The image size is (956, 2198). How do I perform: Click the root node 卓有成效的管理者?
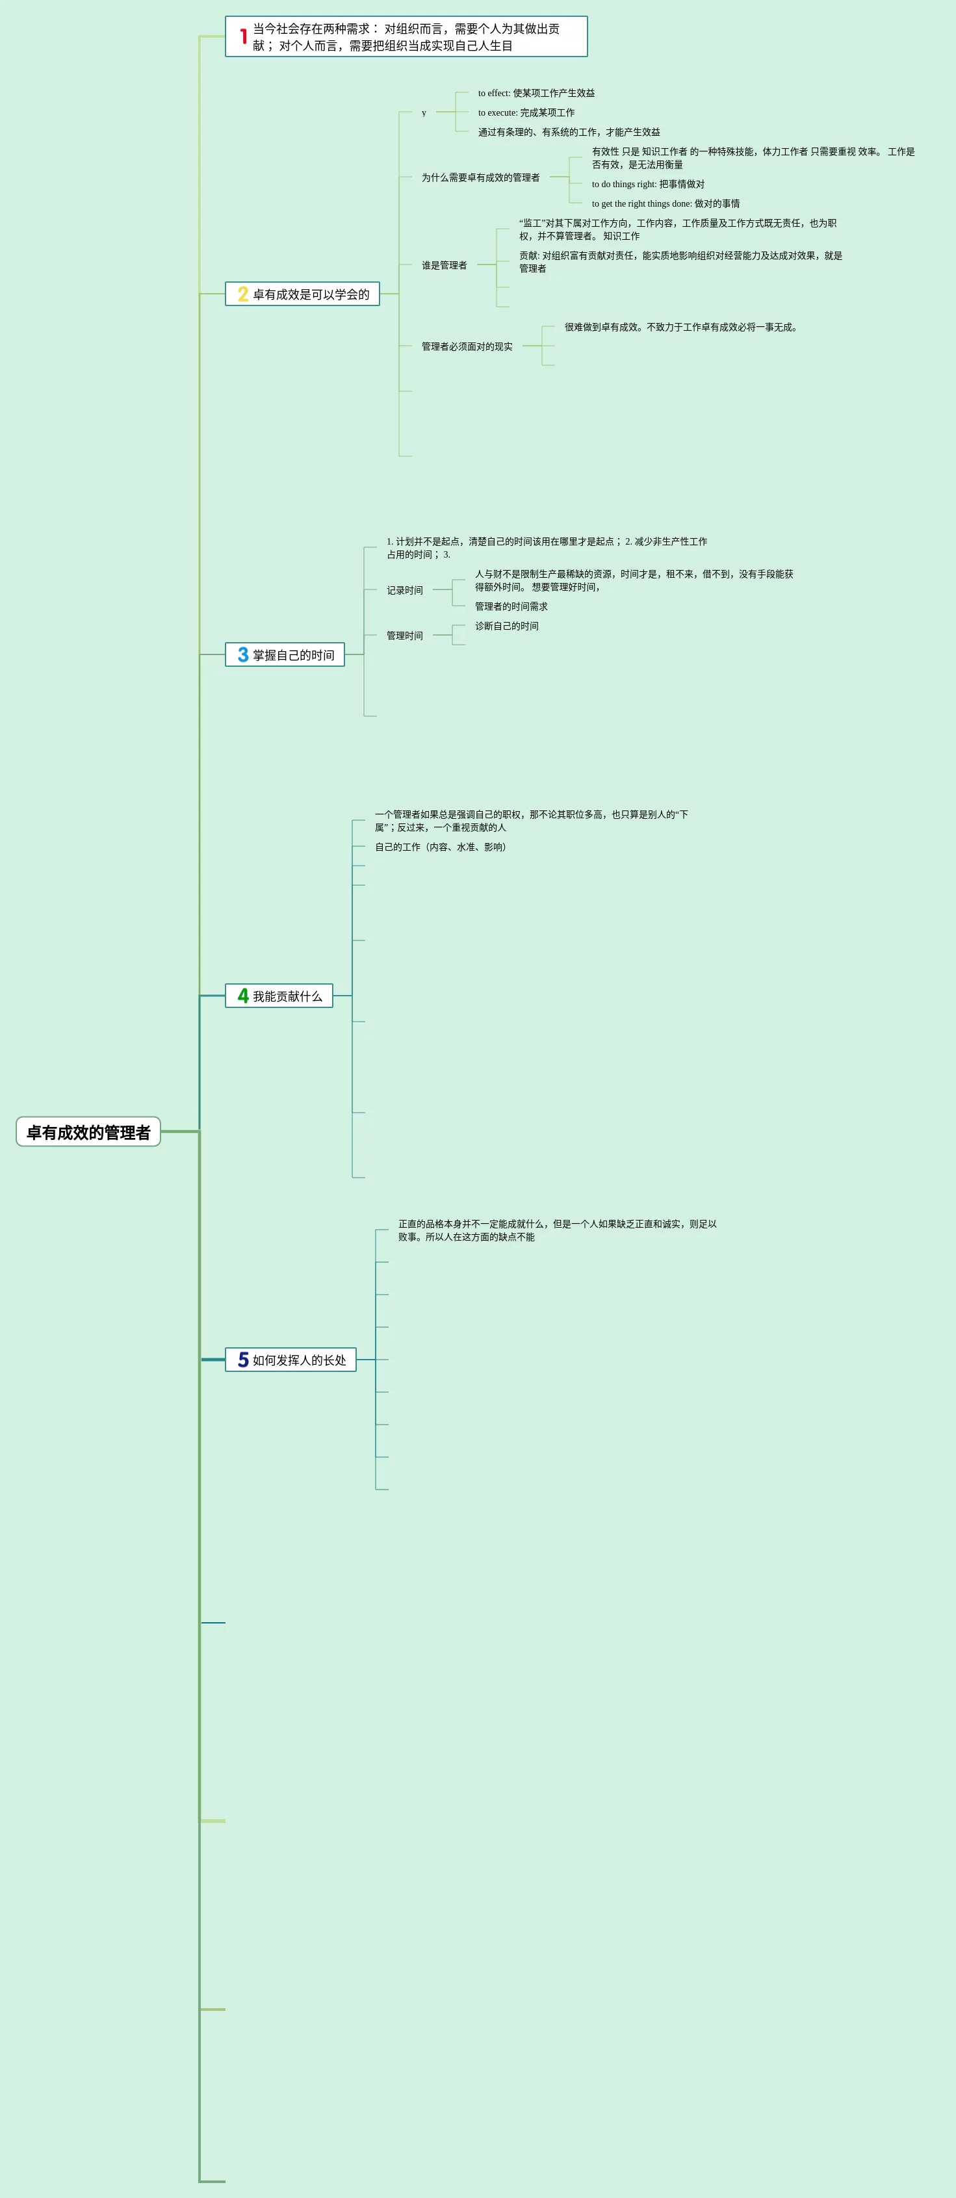click(88, 1131)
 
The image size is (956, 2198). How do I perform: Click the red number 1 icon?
click(243, 36)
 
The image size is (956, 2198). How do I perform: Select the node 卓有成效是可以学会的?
click(311, 294)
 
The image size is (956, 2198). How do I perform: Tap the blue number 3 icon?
click(243, 654)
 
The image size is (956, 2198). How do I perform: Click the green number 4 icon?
click(243, 996)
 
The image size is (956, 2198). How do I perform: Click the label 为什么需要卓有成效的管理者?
click(480, 177)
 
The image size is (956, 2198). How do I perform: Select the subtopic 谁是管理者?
click(444, 265)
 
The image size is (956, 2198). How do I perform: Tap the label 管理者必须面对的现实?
click(467, 346)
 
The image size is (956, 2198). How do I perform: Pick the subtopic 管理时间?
click(405, 636)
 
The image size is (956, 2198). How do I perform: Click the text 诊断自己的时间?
click(507, 627)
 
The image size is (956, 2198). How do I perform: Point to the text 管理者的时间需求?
click(511, 606)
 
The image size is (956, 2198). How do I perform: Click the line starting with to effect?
click(536, 93)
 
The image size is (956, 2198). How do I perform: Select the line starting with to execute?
click(526, 112)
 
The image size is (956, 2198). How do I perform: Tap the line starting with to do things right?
click(648, 185)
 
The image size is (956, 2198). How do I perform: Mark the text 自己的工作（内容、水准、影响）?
click(442, 847)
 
